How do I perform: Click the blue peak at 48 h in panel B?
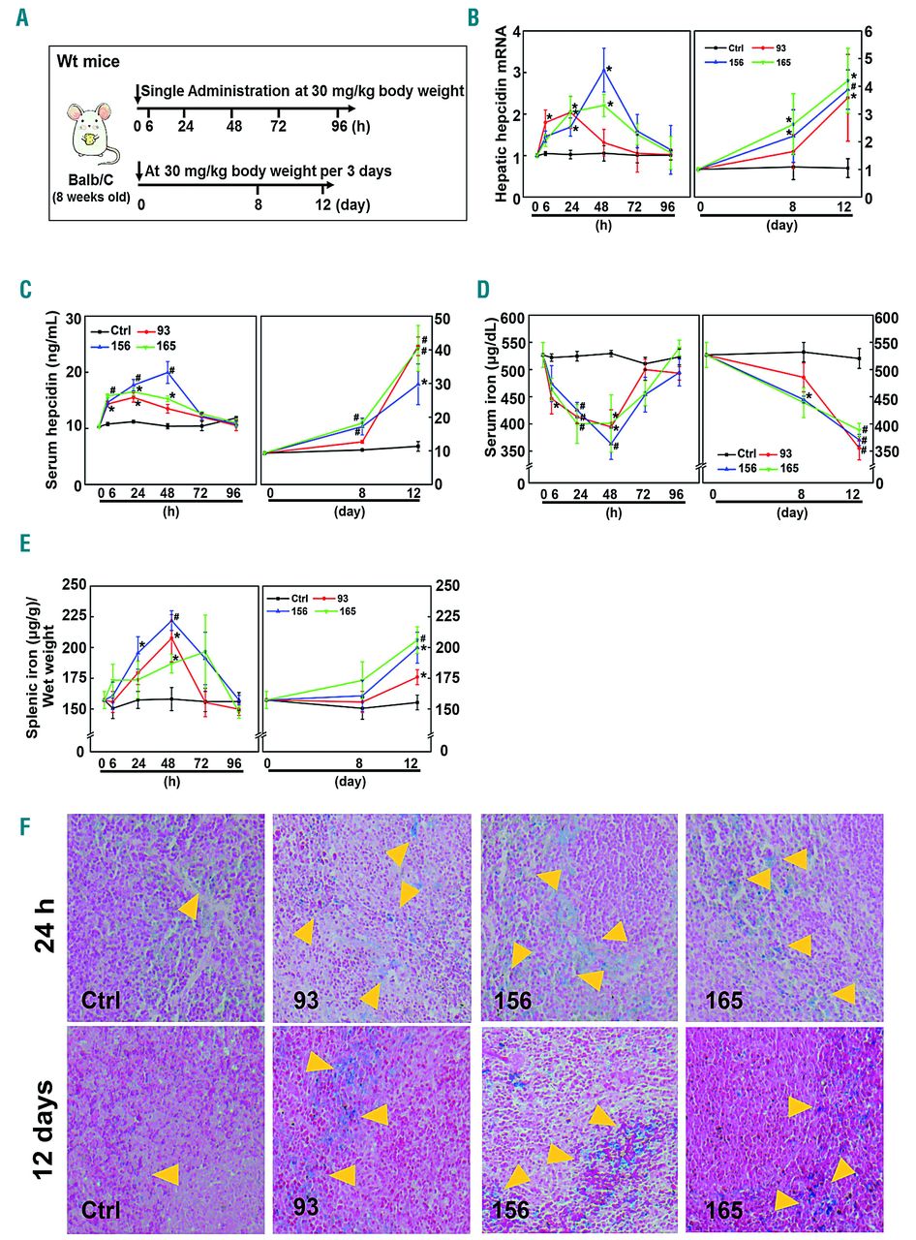click(x=605, y=68)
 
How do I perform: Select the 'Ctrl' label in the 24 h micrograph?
click(x=101, y=999)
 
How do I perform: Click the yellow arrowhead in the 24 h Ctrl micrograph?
click(x=190, y=907)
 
